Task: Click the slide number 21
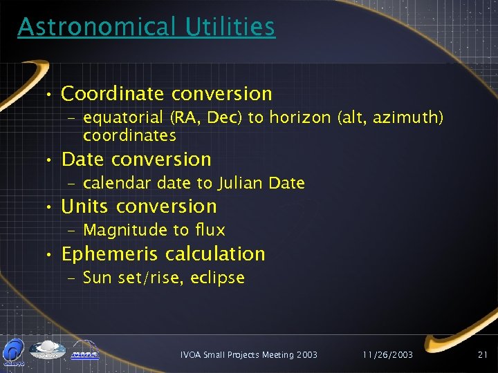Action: [482, 354]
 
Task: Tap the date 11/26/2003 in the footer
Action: [388, 354]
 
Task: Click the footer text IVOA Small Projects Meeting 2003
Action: [249, 354]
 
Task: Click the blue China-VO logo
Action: [15, 350]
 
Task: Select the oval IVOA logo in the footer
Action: [47, 349]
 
